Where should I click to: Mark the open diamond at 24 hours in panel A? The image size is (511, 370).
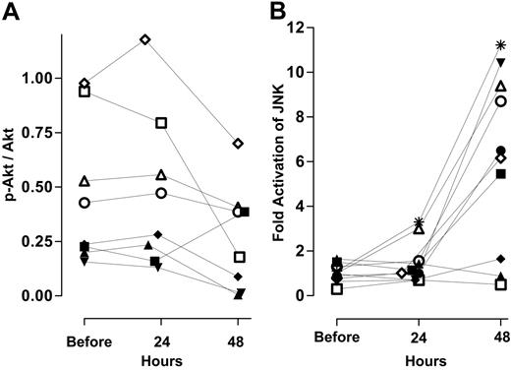click(x=145, y=39)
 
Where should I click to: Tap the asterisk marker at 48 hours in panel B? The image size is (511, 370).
click(x=501, y=45)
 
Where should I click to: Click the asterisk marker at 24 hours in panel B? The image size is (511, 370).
click(x=420, y=222)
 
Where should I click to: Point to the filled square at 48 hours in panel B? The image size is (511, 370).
click(x=500, y=173)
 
